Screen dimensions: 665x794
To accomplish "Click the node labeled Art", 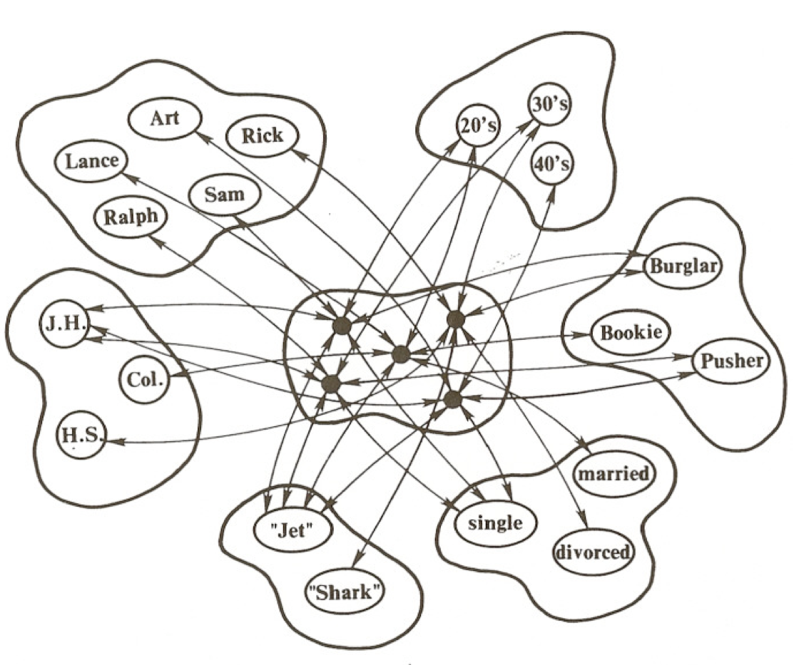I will click(x=164, y=118).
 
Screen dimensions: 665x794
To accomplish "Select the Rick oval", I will click(x=262, y=135).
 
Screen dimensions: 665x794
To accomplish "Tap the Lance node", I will click(x=92, y=160).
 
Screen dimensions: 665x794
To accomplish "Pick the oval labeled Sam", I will click(x=225, y=193).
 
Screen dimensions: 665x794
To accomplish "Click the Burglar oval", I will click(x=683, y=267).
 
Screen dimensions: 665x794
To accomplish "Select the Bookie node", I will click(x=631, y=332).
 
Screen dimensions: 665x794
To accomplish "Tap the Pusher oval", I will click(x=731, y=361).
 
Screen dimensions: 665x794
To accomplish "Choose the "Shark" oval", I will click(x=345, y=591).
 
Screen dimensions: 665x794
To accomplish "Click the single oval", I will click(x=496, y=523).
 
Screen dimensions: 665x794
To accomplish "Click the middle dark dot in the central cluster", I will click(x=401, y=354).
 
